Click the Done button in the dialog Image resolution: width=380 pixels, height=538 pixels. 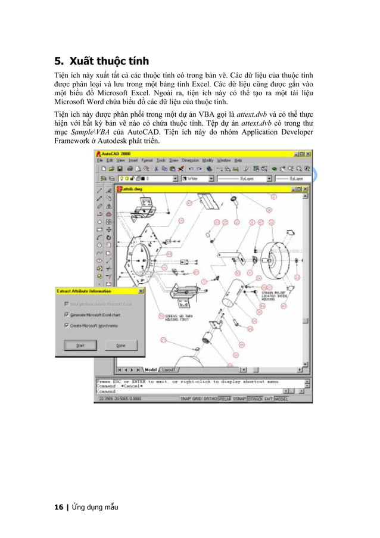121,345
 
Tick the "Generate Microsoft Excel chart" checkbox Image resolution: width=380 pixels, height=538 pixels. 66,315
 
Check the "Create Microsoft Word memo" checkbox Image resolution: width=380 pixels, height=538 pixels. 66,325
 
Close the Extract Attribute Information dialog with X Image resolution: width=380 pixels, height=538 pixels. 141,291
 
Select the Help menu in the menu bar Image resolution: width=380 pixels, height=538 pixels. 238,160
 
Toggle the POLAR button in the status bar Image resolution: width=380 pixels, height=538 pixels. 225,399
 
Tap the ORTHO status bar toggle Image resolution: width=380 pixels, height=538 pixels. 210,399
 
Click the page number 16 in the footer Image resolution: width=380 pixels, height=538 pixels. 58,507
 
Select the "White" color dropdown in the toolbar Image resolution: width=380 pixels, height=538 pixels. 196,178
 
